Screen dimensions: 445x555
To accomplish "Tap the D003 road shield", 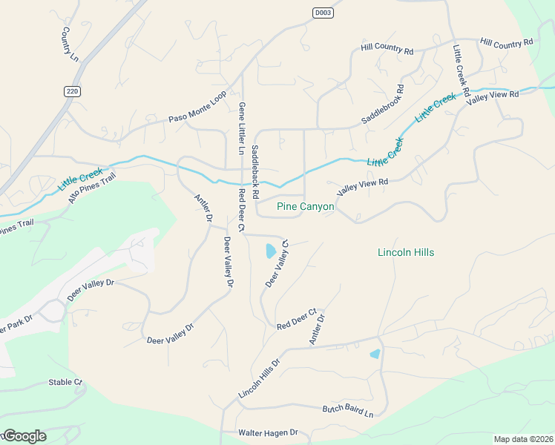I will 322,13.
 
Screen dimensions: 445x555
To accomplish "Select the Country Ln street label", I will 69,44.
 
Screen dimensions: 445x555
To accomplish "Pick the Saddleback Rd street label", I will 255,171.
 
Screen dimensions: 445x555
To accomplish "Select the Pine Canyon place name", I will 305,206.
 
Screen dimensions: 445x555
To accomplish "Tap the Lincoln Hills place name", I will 406,252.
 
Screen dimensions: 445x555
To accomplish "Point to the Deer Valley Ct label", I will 277,264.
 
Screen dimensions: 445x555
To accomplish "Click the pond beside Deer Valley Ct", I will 270,251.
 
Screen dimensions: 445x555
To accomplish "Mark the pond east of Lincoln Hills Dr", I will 375,354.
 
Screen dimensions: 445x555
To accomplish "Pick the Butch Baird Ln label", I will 347,409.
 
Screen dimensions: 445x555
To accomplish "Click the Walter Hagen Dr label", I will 267,432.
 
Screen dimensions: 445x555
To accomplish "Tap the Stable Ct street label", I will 65,382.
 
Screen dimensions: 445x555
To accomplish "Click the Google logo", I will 24,436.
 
